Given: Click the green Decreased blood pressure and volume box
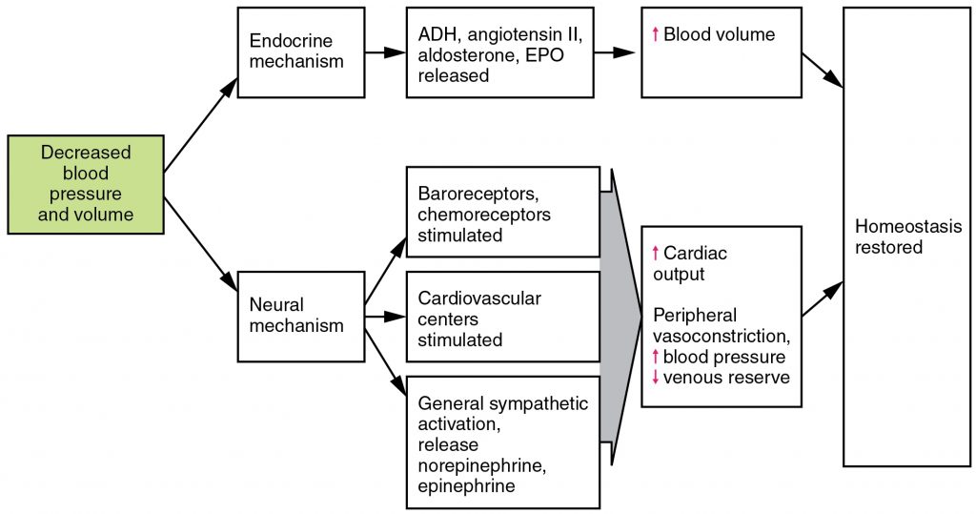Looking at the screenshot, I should tap(86, 184).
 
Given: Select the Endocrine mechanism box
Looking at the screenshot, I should tap(300, 52).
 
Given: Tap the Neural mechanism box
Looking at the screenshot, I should tap(300, 316).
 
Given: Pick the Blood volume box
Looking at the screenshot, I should tap(721, 53).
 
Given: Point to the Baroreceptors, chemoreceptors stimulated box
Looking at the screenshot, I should tap(502, 213).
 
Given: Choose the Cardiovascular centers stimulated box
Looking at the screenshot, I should tap(502, 318).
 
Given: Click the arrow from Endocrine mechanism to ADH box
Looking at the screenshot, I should tap(385, 53).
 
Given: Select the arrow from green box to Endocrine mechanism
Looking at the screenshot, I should tap(201, 125).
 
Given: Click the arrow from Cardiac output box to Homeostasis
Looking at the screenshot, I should tap(823, 299).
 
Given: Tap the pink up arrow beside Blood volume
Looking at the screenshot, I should tap(655, 35).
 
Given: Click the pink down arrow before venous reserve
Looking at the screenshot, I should tap(655, 378).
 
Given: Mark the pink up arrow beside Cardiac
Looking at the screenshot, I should tap(655, 253).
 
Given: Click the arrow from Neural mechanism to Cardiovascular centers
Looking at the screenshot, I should tap(385, 316).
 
